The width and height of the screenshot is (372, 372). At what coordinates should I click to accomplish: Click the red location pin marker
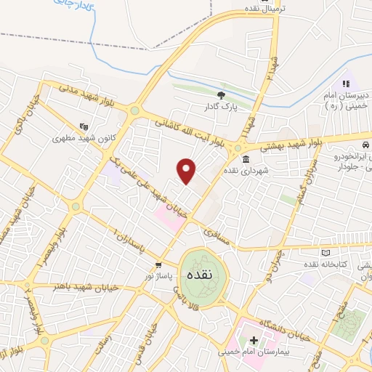[187, 171]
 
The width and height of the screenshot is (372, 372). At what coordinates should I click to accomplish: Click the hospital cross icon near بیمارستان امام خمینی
[253, 339]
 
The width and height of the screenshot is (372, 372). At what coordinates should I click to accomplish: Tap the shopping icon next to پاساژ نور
[158, 266]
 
